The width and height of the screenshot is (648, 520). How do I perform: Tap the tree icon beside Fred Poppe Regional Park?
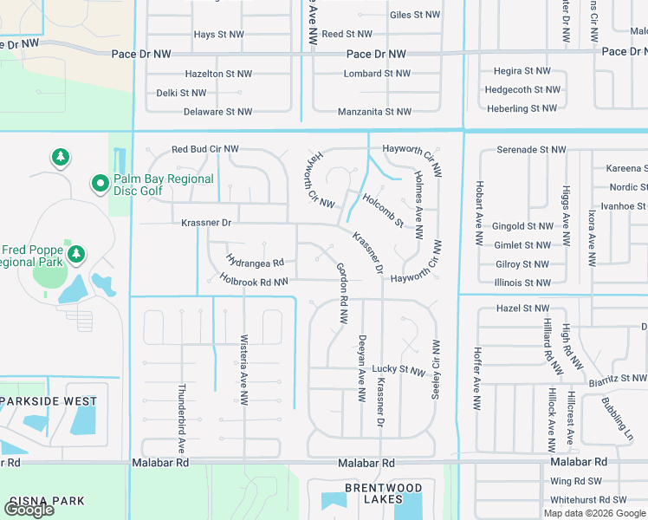tap(77, 254)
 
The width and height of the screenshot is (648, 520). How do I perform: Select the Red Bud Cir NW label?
tap(205, 149)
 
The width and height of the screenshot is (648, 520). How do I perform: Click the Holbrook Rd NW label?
tap(254, 281)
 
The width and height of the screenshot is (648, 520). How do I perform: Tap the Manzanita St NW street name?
tap(374, 112)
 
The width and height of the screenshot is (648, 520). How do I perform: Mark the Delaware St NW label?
tap(217, 112)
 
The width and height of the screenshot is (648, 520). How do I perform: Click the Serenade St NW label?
tap(531, 150)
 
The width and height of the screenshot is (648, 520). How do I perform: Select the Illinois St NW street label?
tap(523, 283)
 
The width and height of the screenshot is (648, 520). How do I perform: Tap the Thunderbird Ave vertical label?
tap(183, 419)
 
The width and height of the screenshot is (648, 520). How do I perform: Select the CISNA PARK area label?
tap(47, 501)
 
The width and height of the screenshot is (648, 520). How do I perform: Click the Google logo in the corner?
tap(29, 510)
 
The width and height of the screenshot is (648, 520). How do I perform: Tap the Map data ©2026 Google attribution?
tap(594, 513)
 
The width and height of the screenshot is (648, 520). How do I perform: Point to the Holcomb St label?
tap(383, 211)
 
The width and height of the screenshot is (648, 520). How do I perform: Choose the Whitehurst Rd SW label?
tap(588, 500)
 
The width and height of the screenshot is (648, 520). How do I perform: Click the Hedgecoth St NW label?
tap(522, 89)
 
